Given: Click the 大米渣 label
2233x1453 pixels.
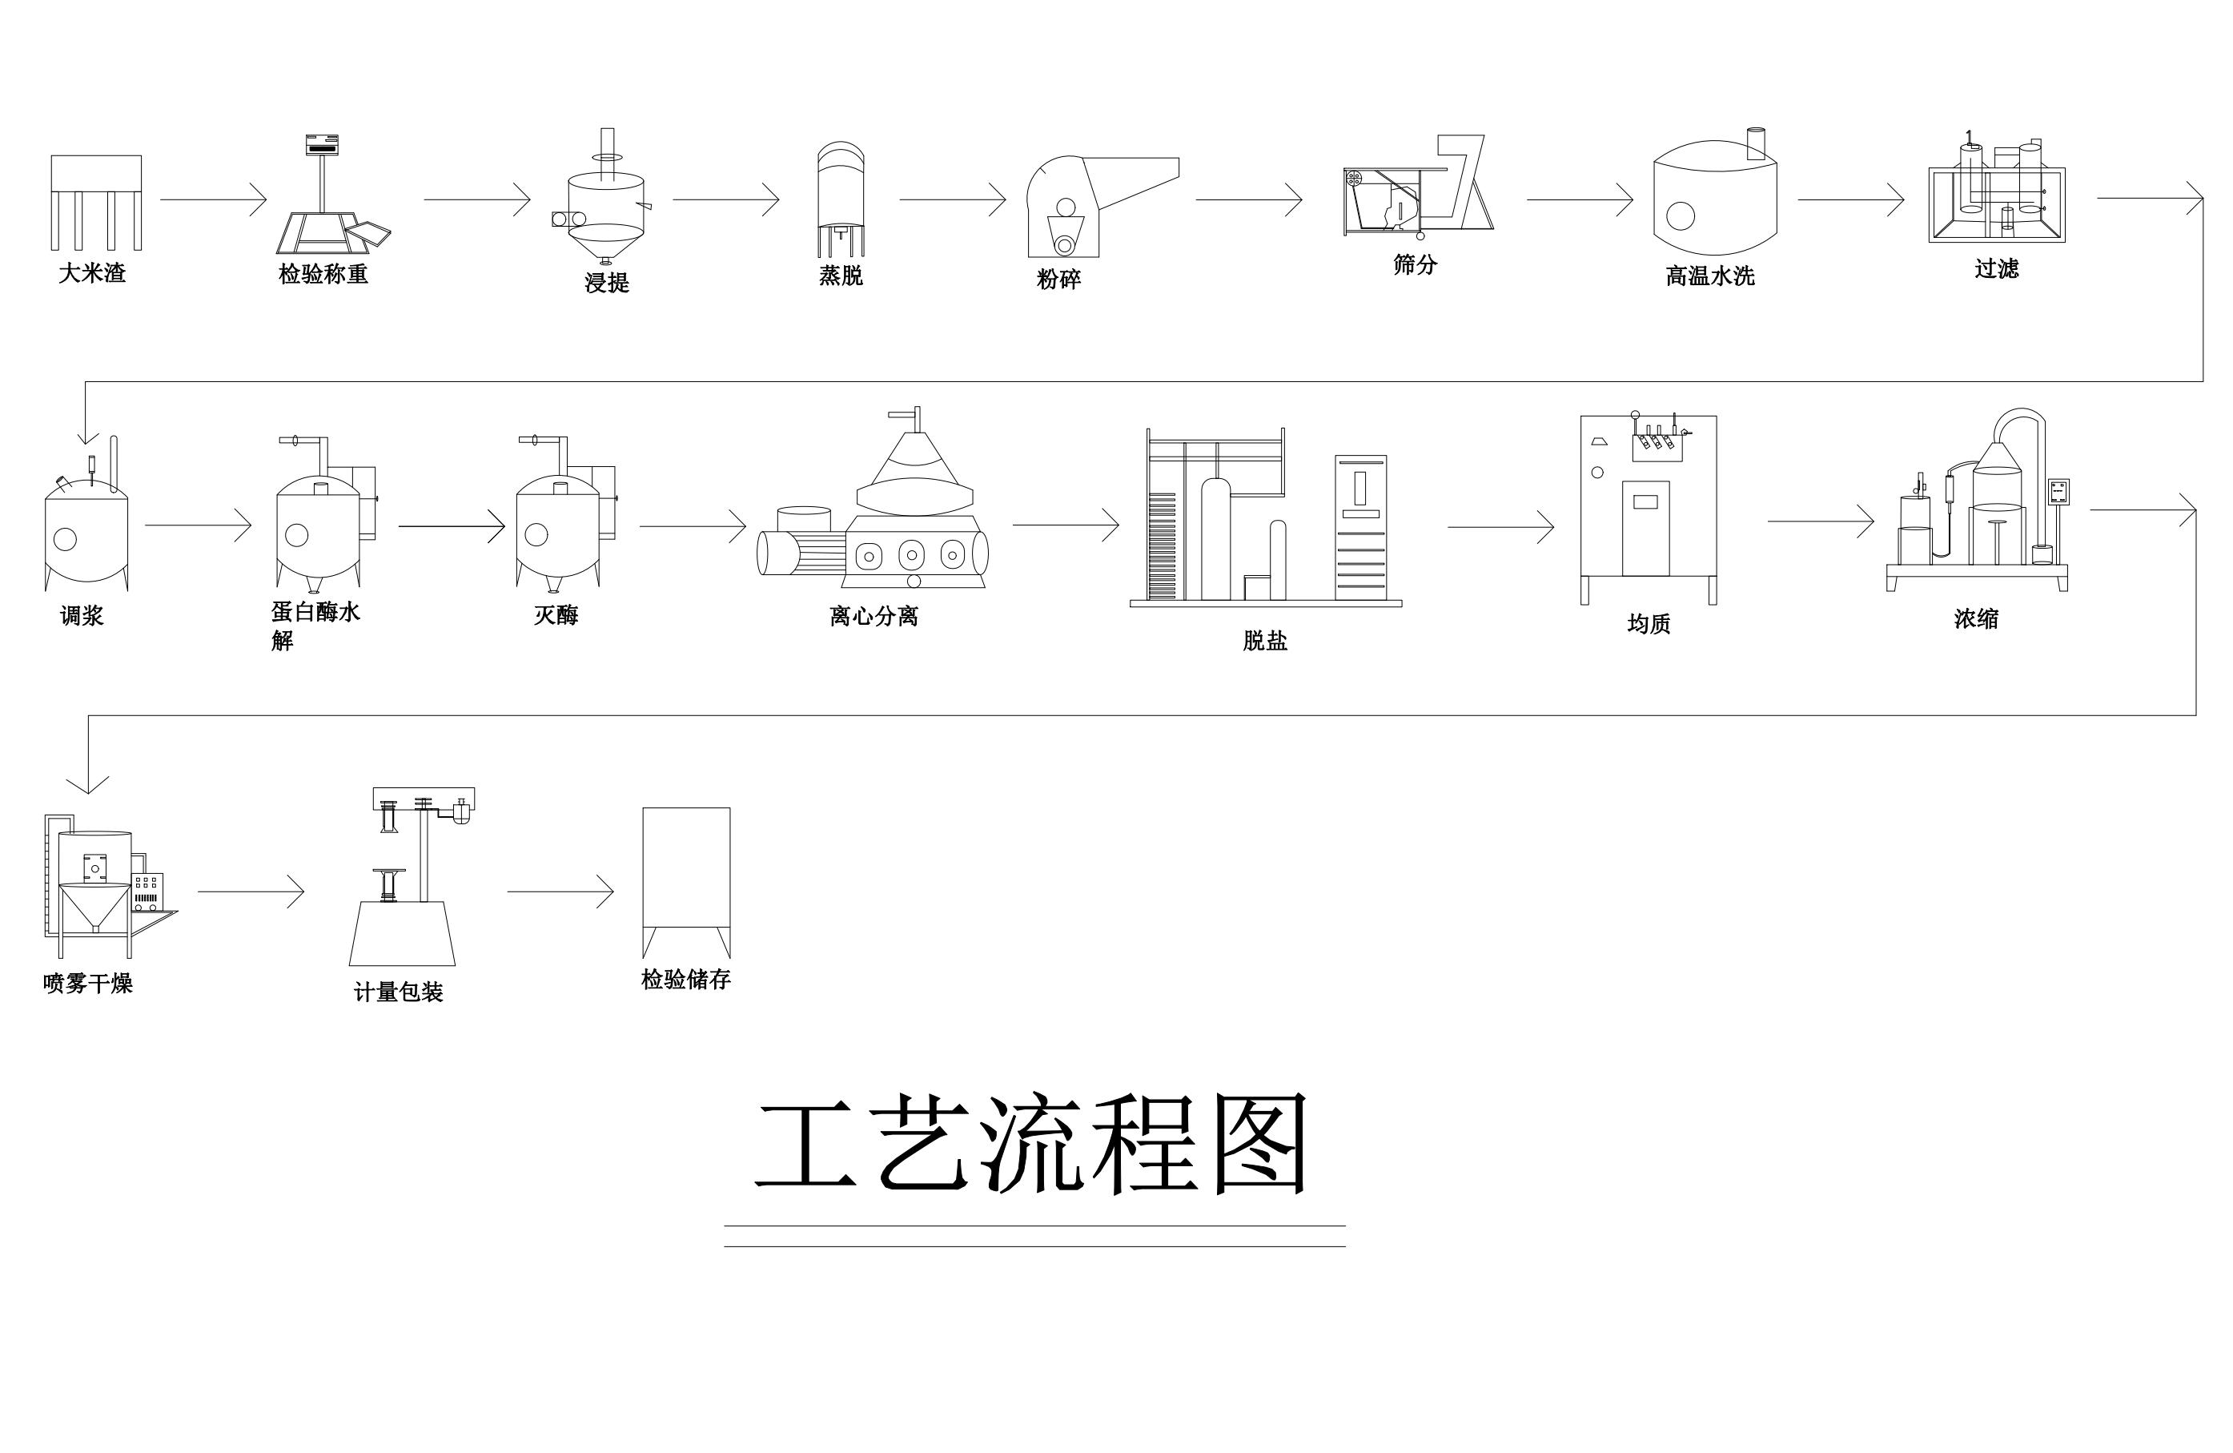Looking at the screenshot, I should [x=92, y=273].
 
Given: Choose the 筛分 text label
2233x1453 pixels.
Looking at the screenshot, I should [x=1415, y=264].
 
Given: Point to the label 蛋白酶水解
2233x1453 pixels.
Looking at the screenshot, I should [x=315, y=625].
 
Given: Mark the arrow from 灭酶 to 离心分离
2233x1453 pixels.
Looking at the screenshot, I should [x=693, y=525].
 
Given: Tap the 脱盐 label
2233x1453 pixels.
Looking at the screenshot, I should [x=1265, y=640].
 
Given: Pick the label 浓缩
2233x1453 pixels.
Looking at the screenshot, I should [x=1976, y=618].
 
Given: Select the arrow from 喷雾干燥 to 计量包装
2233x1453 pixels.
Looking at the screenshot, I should [x=251, y=891].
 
